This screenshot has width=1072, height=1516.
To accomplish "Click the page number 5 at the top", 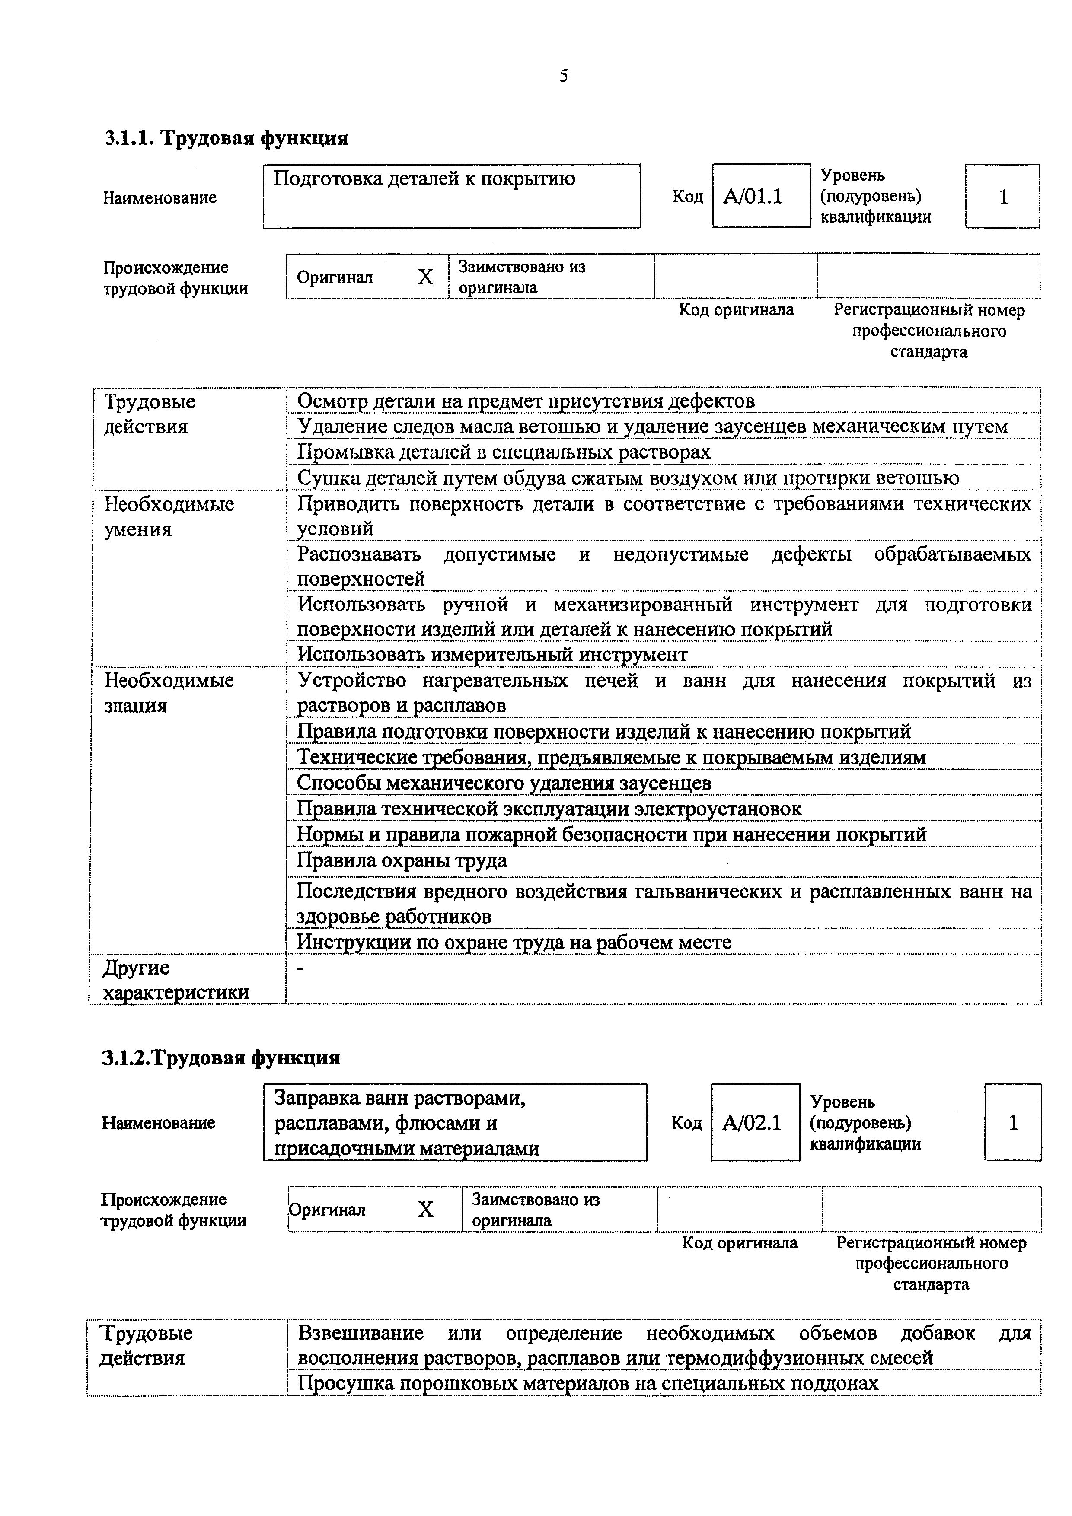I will pyautogui.click(x=563, y=76).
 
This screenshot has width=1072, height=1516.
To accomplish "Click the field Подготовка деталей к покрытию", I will pyautogui.click(x=451, y=196).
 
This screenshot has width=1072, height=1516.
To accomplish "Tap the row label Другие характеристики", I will pyautogui.click(x=176, y=980).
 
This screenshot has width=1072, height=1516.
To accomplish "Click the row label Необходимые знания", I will pyautogui.click(x=169, y=693).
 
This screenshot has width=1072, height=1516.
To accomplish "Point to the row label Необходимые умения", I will pyautogui.click(x=169, y=516).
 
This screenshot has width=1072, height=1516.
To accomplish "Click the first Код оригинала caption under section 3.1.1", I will pyautogui.click(x=736, y=310).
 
